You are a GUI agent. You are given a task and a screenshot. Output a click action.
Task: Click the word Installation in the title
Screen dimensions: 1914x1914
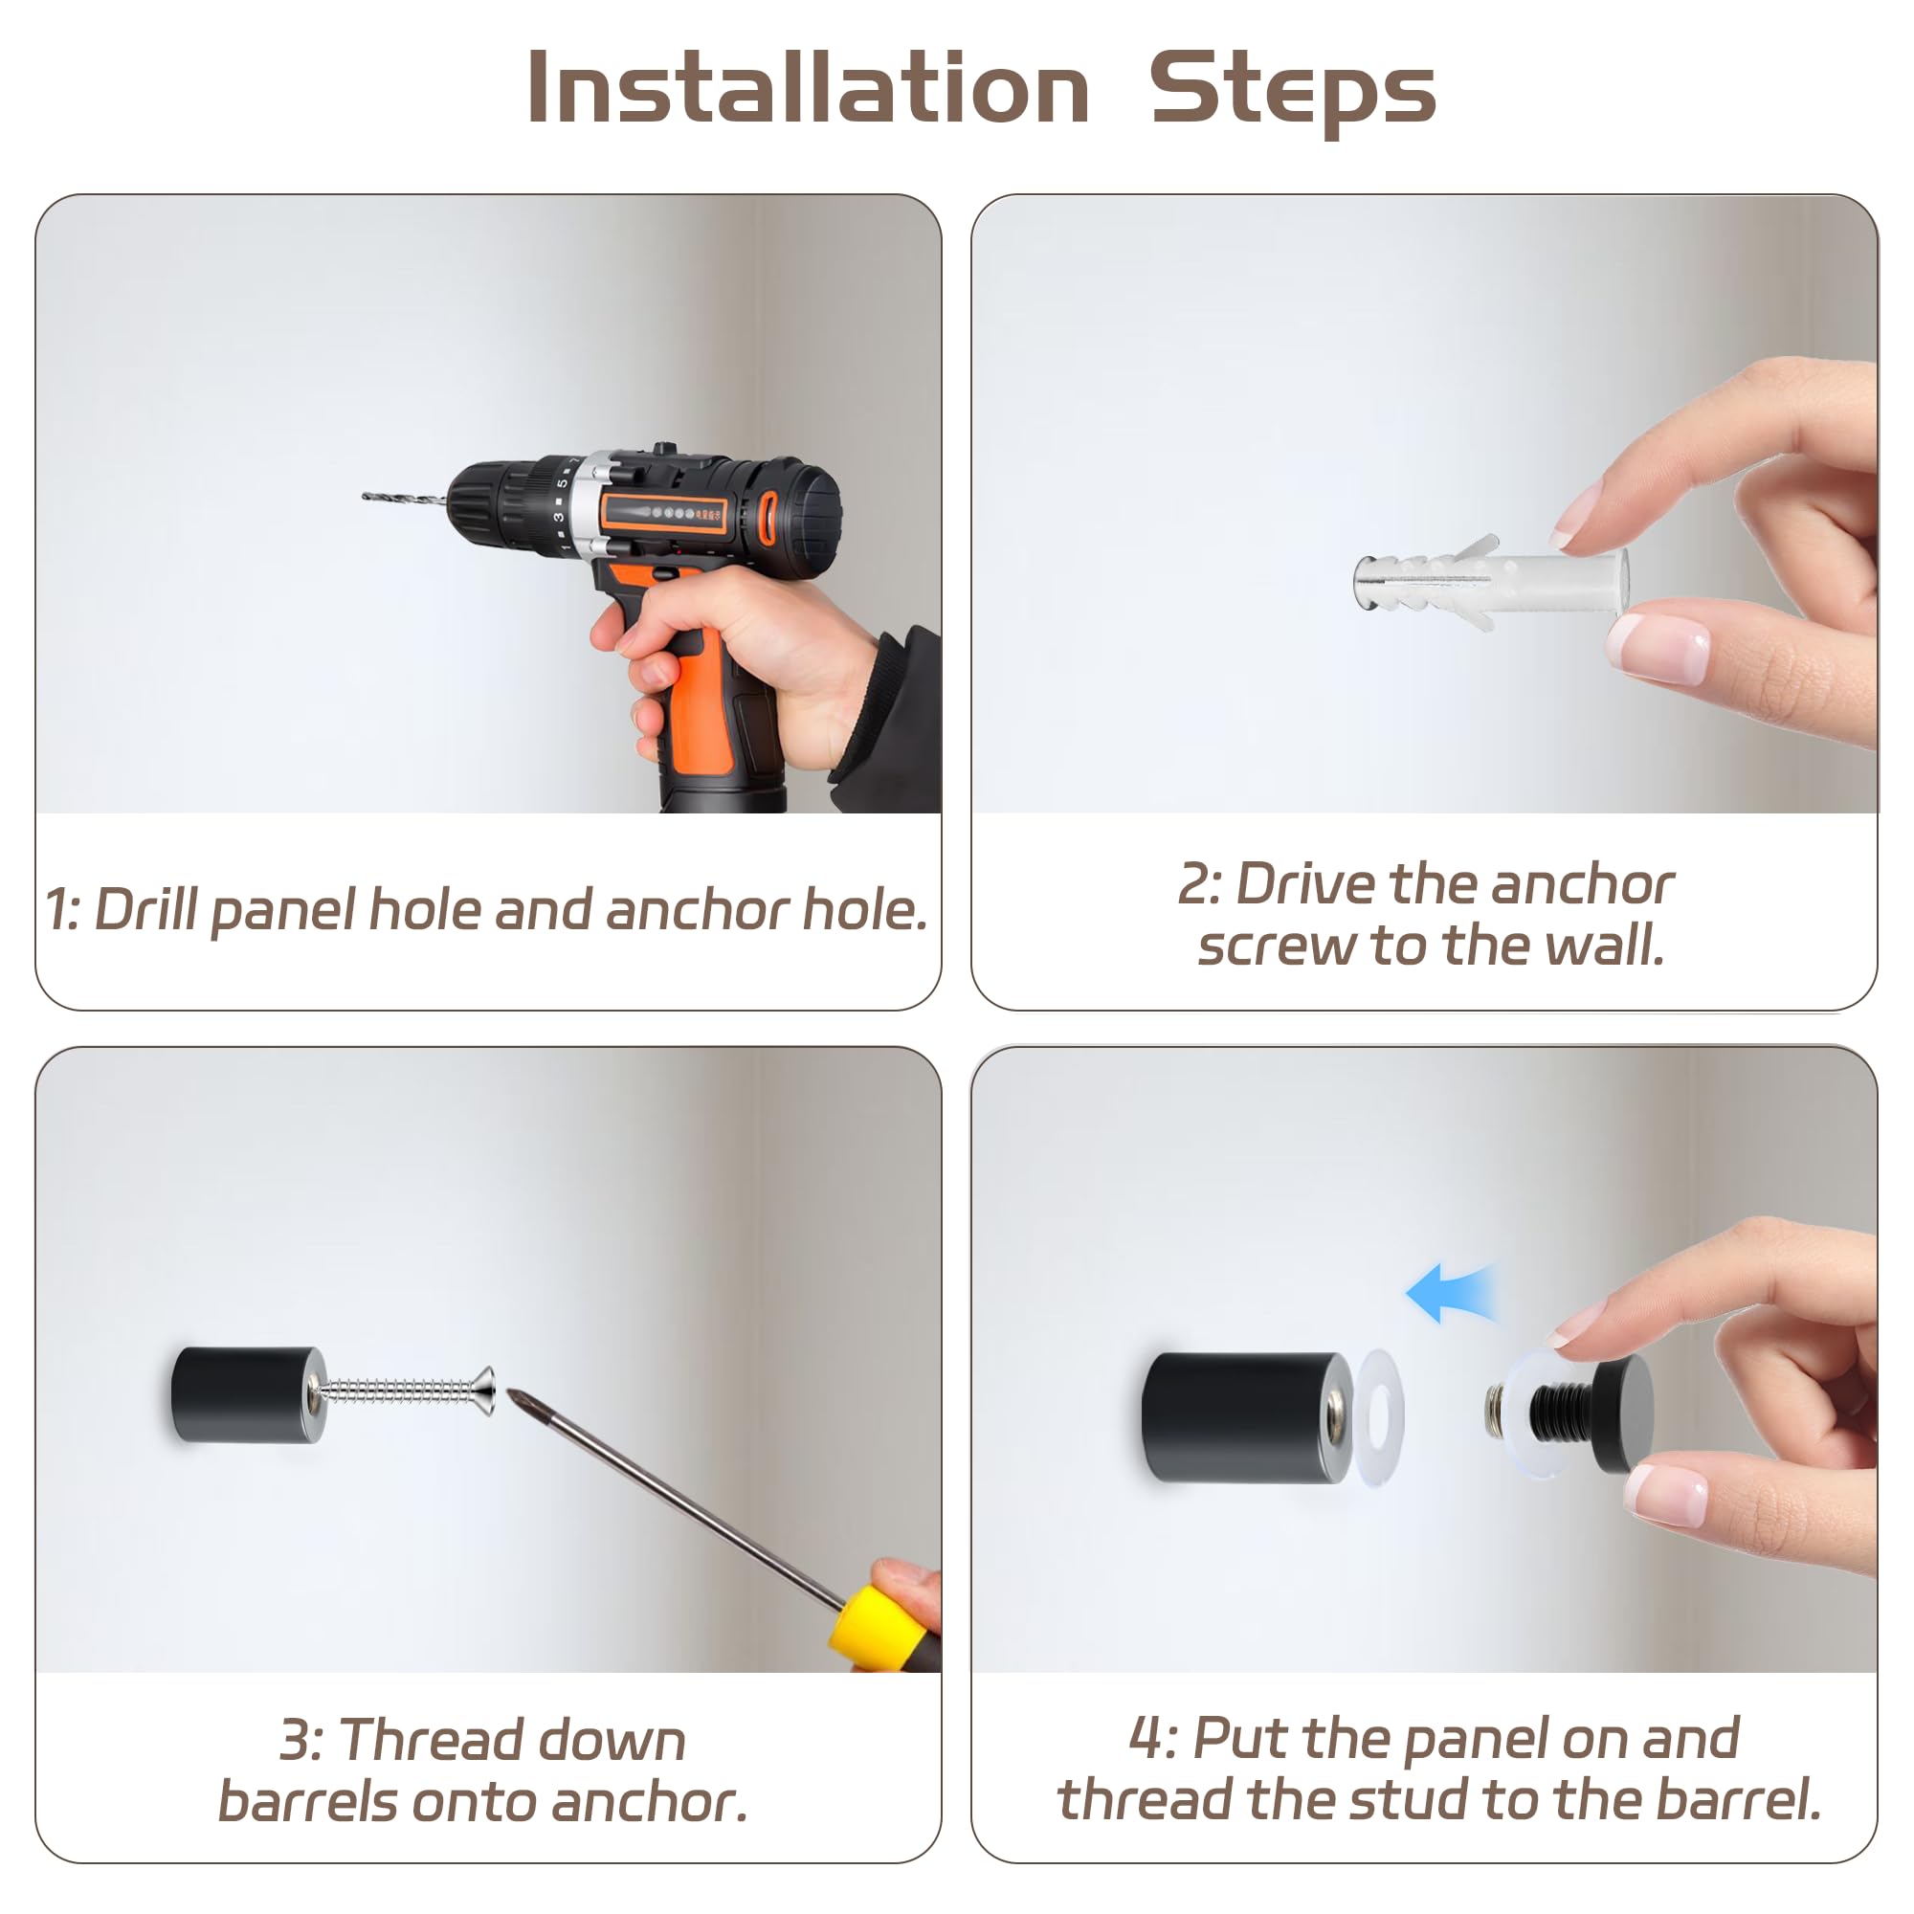click(x=809, y=88)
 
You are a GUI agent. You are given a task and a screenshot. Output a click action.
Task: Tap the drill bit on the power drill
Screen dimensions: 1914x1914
click(x=405, y=500)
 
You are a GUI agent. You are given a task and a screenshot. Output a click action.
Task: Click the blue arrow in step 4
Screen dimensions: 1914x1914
click(x=1451, y=1292)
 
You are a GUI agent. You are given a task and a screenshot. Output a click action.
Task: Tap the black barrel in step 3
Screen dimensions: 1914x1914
click(x=248, y=1394)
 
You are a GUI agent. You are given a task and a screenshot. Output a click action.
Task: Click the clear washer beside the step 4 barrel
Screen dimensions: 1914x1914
click(x=1379, y=1416)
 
